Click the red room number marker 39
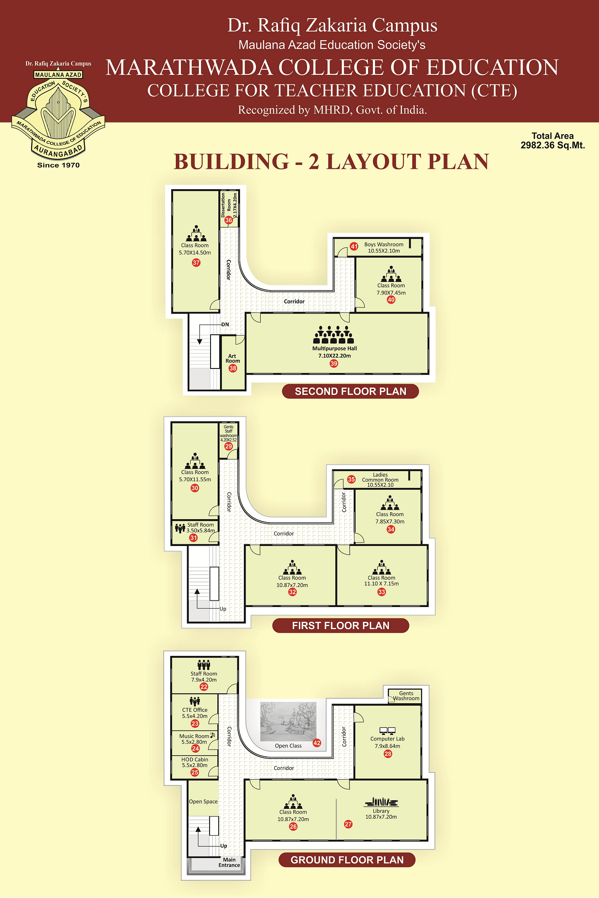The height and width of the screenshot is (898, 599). tap(334, 364)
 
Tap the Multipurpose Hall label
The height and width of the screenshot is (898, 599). tap(335, 349)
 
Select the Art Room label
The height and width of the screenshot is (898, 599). tap(233, 359)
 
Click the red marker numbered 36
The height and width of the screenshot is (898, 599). tap(229, 220)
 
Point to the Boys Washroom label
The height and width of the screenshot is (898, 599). tap(384, 245)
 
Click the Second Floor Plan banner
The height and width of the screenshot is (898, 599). tap(350, 391)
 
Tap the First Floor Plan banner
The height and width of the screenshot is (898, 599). tap(341, 626)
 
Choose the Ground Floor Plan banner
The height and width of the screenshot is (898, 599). tap(347, 860)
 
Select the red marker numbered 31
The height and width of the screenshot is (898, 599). tap(194, 538)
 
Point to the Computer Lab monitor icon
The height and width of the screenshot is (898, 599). tap(388, 731)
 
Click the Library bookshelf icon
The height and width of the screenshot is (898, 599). tap(381, 802)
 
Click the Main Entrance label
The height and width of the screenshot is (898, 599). tap(229, 862)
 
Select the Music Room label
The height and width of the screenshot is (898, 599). tap(194, 736)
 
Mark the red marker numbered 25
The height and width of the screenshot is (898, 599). tap(195, 772)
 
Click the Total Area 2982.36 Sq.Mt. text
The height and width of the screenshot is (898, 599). tap(553, 141)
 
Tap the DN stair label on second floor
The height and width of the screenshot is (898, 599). tap(225, 324)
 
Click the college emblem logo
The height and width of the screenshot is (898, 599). tap(58, 115)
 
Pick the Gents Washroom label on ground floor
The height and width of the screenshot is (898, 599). tap(406, 696)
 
